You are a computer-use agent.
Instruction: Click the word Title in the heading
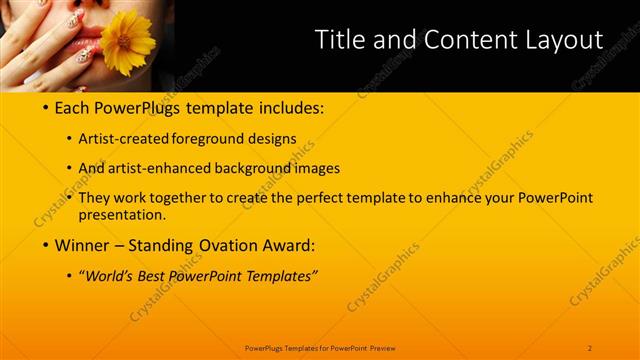coord(340,40)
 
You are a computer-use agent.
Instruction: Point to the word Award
coord(291,245)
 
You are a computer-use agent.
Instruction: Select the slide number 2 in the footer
coord(590,348)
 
